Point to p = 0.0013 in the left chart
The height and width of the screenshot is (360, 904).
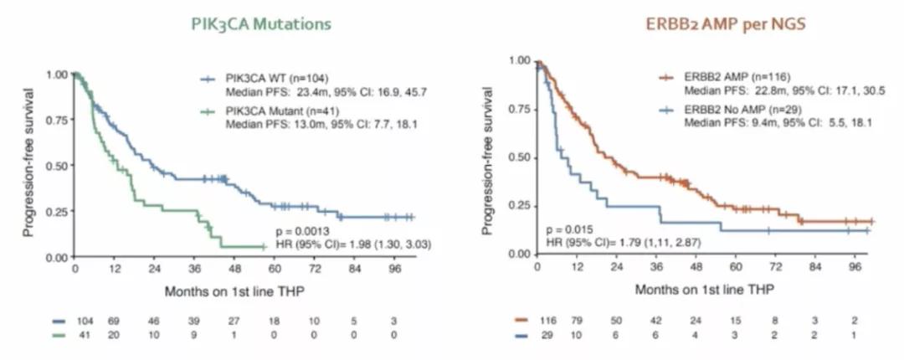(x=303, y=229)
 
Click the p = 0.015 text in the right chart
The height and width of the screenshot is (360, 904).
(x=570, y=229)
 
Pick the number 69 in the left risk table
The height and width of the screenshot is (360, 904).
(x=114, y=321)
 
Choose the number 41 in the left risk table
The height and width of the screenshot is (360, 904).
(x=81, y=335)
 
